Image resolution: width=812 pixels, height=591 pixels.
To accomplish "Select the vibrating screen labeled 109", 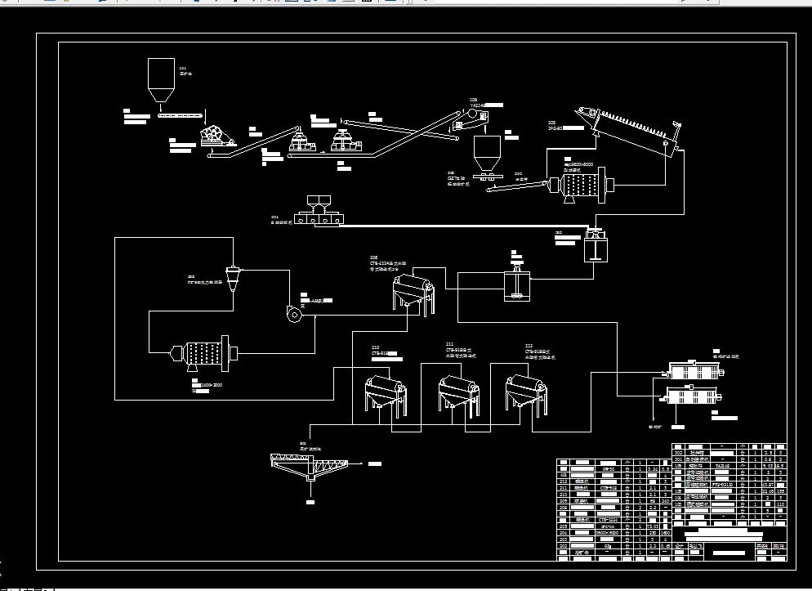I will click(468, 122).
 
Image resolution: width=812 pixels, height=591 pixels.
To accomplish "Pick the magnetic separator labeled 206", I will click(413, 291).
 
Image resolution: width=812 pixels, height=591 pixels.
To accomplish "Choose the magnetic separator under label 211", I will click(456, 392).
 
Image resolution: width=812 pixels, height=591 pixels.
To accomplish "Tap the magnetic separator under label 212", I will click(524, 392).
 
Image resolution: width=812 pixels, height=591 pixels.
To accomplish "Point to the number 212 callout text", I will click(529, 347).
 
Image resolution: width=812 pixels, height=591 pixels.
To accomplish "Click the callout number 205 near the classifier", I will click(551, 123).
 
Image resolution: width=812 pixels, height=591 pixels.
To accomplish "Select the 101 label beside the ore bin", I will click(182, 67).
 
